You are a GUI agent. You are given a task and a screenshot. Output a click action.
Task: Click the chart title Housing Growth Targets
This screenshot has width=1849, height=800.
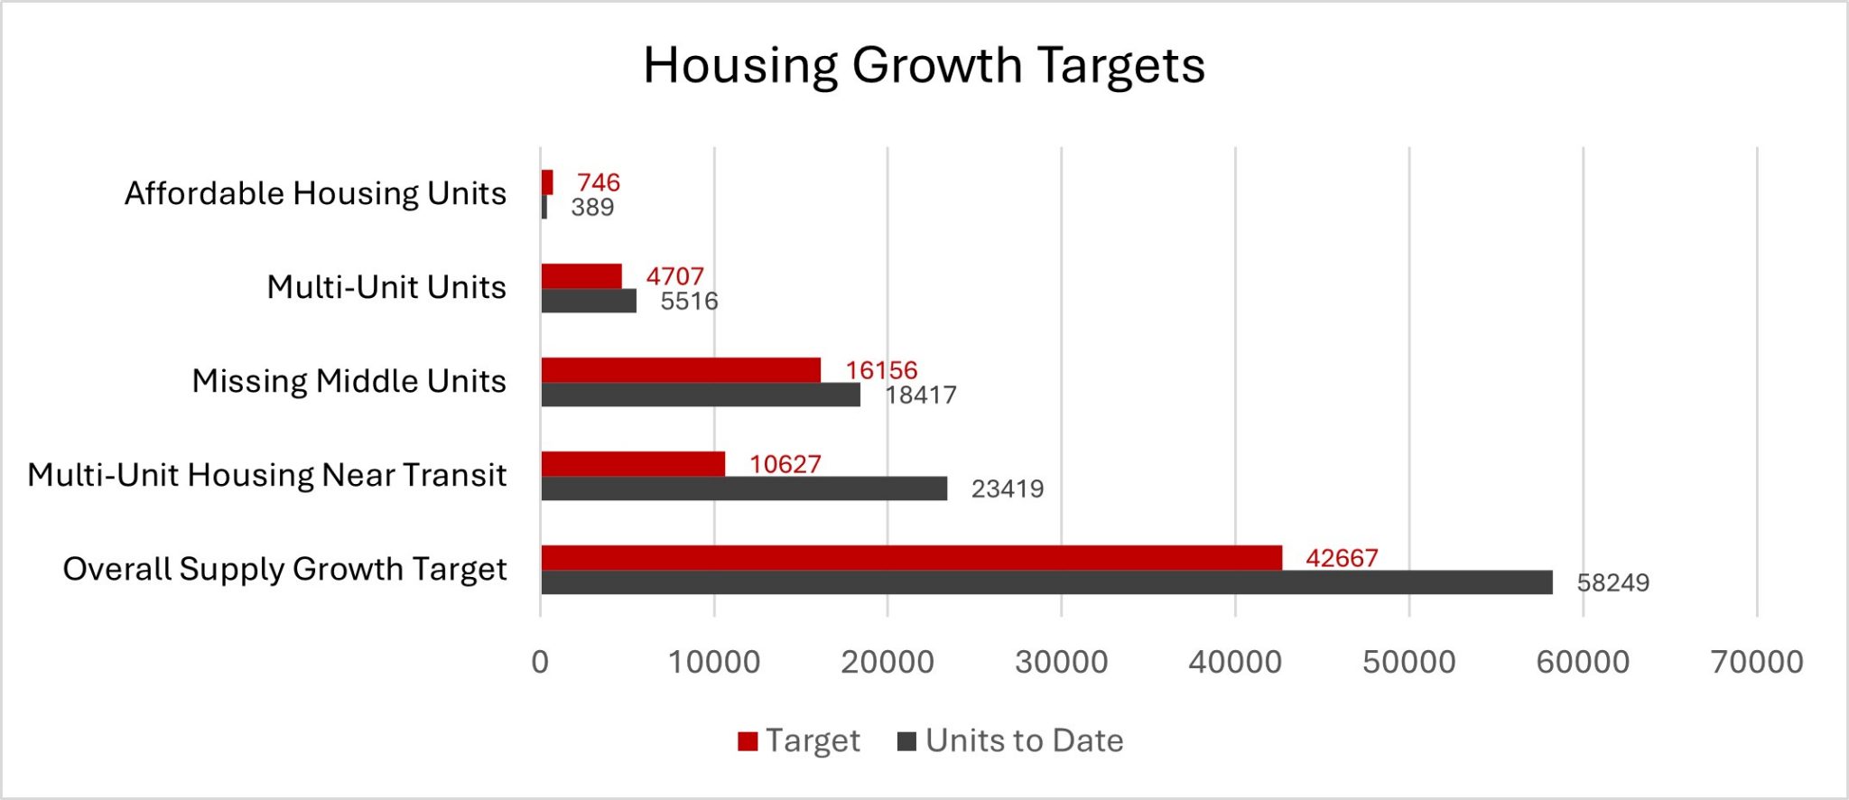(x=924, y=65)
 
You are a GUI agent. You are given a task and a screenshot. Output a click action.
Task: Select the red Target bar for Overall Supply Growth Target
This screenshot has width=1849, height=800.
(x=911, y=557)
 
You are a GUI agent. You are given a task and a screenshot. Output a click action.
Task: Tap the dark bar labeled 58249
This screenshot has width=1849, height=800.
(x=1046, y=582)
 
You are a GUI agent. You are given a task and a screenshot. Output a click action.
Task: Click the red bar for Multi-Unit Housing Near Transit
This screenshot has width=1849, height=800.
(x=633, y=463)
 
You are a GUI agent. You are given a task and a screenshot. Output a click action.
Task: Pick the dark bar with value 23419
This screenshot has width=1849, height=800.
(x=744, y=488)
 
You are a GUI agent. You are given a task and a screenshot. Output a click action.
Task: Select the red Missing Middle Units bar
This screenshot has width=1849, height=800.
(x=681, y=369)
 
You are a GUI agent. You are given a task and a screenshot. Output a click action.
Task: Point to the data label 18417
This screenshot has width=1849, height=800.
(x=920, y=395)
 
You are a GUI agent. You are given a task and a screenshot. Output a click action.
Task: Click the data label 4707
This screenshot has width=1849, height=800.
(x=674, y=275)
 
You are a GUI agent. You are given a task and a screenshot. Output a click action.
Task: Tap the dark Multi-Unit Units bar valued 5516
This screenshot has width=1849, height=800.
(x=589, y=301)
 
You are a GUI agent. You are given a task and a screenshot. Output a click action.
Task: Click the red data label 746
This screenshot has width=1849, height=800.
(x=599, y=182)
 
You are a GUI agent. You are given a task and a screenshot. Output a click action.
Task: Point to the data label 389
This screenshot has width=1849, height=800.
(x=592, y=208)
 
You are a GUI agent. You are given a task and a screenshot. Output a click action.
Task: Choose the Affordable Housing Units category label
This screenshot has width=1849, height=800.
(x=315, y=193)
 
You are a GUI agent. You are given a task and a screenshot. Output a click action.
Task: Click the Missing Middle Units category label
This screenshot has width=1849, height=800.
(x=348, y=381)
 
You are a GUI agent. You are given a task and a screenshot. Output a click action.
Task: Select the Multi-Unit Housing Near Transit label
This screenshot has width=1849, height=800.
(x=267, y=475)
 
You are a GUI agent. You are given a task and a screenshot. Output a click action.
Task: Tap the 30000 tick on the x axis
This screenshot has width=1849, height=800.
(x=1061, y=662)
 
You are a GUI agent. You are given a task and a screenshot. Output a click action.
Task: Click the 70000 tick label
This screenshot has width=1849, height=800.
(x=1756, y=662)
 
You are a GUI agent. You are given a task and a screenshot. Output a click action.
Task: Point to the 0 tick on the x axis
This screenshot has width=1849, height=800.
(x=540, y=662)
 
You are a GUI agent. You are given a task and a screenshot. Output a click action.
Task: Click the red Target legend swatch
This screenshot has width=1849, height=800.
(x=748, y=741)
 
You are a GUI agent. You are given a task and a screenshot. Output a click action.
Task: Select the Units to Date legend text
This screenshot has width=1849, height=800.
(x=1024, y=740)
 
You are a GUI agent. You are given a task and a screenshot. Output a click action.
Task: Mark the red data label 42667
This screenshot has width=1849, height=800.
(x=1342, y=558)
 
